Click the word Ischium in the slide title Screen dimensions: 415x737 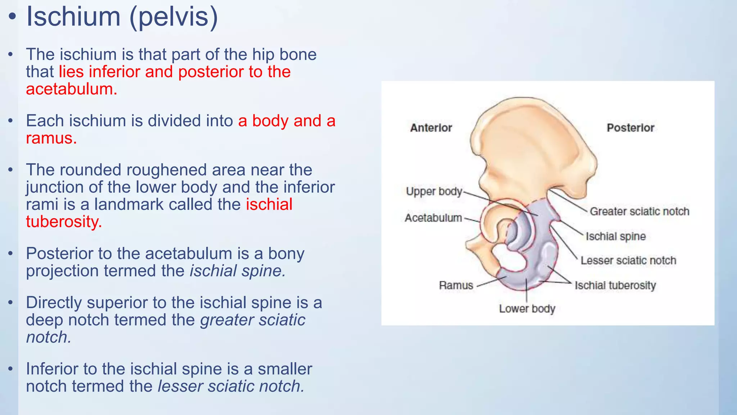(x=73, y=17)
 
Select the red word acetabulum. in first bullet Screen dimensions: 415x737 (x=71, y=89)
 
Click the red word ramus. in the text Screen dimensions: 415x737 (x=51, y=138)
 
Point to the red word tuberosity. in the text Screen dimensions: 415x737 (x=64, y=221)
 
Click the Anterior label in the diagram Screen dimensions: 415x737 (x=431, y=128)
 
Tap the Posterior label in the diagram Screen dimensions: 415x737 (x=630, y=128)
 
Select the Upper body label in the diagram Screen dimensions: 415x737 (x=434, y=191)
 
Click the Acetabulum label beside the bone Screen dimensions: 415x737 (x=433, y=218)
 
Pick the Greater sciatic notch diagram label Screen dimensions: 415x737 (x=639, y=211)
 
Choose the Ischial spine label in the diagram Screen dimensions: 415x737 (x=615, y=236)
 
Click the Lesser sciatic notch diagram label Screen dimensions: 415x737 (x=628, y=260)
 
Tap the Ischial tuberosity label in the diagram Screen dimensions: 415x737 (x=615, y=285)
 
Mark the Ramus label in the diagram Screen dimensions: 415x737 (x=456, y=285)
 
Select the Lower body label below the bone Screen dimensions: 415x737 (x=527, y=309)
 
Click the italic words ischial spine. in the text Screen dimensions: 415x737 (x=238, y=271)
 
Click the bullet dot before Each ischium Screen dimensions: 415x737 (x=11, y=121)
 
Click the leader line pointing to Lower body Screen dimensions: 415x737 (x=527, y=292)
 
